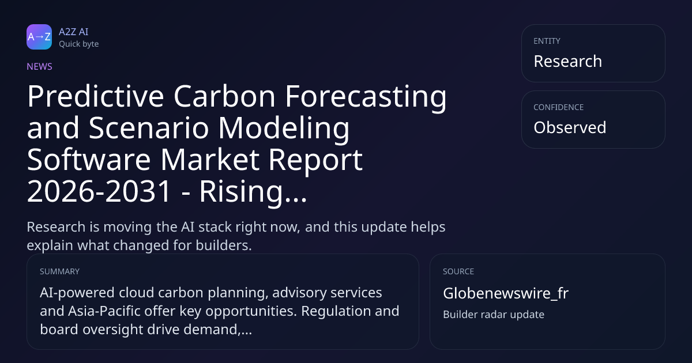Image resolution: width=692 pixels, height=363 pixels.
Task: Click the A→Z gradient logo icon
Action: tap(39, 37)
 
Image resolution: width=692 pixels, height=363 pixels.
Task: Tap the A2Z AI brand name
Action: tap(74, 32)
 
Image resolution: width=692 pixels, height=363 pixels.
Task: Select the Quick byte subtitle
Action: tap(79, 44)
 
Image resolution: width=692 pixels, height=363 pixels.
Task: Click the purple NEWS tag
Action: tap(40, 66)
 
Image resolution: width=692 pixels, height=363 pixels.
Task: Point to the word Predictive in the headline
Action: tap(96, 96)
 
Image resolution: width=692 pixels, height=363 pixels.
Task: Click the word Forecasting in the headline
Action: tap(366, 97)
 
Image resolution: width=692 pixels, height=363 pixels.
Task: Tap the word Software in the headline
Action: tap(89, 160)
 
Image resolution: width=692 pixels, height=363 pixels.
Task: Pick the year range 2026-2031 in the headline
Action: tap(99, 191)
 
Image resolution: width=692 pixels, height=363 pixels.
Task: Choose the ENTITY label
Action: tap(547, 41)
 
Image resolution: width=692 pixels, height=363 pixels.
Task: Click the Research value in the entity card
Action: tap(568, 61)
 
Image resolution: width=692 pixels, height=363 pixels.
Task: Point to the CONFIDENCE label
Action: tap(559, 107)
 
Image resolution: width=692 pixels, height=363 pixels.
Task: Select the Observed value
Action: tap(570, 127)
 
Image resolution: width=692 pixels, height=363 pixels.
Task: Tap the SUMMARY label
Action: tap(59, 271)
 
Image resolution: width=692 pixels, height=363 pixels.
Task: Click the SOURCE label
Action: tap(458, 271)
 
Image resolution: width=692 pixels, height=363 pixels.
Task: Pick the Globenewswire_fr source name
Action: tap(506, 293)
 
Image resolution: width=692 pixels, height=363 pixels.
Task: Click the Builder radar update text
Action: tap(494, 315)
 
